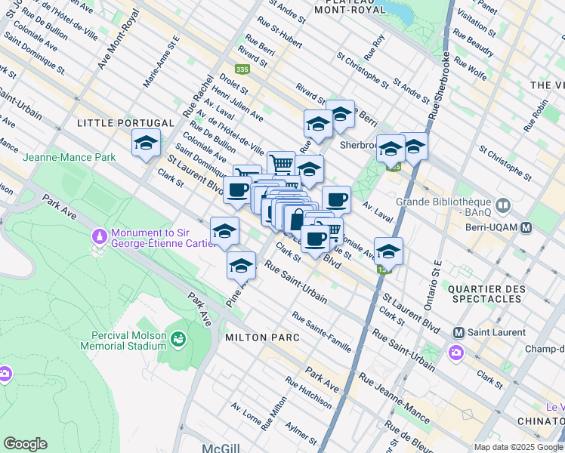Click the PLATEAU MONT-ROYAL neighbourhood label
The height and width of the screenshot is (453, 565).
(x=350, y=6)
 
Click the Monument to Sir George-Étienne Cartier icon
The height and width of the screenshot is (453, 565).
(x=99, y=238)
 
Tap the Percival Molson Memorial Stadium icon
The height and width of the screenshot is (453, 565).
(x=178, y=340)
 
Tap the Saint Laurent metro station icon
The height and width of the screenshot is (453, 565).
(x=458, y=332)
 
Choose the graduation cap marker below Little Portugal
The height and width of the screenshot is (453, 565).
(x=146, y=143)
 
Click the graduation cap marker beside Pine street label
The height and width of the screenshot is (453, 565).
(x=241, y=267)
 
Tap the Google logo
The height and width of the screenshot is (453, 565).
(x=25, y=443)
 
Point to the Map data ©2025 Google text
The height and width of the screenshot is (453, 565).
(x=517, y=447)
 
